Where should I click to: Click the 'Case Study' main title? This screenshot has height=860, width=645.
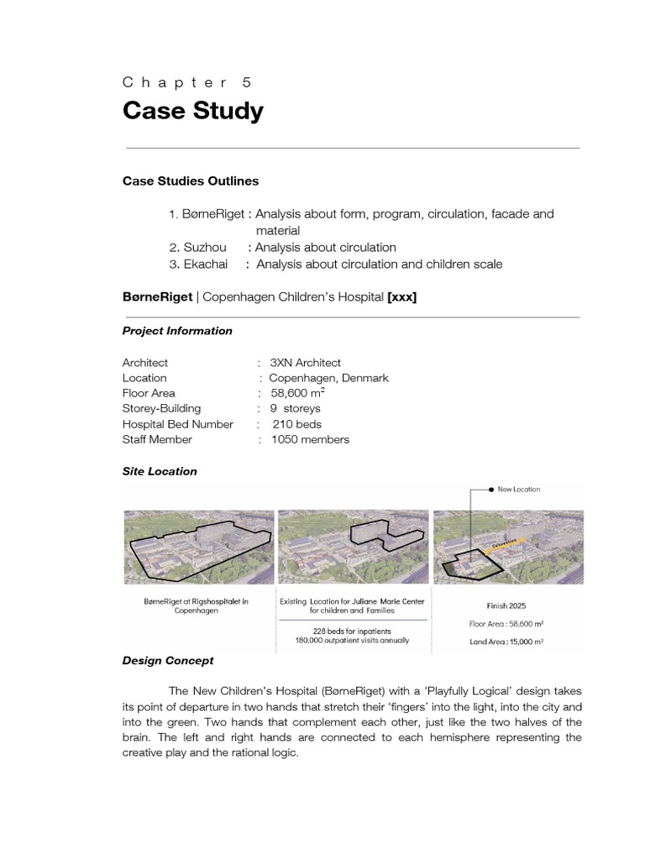(x=192, y=111)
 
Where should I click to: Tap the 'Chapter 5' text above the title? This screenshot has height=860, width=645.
(x=186, y=82)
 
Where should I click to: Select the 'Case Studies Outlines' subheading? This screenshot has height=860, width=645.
(x=191, y=181)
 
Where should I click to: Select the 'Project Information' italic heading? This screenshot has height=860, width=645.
(x=177, y=331)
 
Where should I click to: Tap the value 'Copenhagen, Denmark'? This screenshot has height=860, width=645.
(x=328, y=378)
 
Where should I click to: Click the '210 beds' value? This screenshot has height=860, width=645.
(x=296, y=424)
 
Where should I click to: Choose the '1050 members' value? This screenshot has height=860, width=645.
(x=310, y=439)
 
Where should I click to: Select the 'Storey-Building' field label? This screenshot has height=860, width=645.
(x=161, y=408)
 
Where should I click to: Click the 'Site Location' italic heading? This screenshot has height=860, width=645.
(x=160, y=471)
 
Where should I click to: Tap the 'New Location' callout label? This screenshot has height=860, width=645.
(x=518, y=489)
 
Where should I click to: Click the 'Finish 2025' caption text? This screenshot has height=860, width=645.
(x=508, y=604)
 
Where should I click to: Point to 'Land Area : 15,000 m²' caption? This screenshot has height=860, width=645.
(x=508, y=641)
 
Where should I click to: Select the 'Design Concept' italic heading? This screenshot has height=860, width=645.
(x=168, y=661)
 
